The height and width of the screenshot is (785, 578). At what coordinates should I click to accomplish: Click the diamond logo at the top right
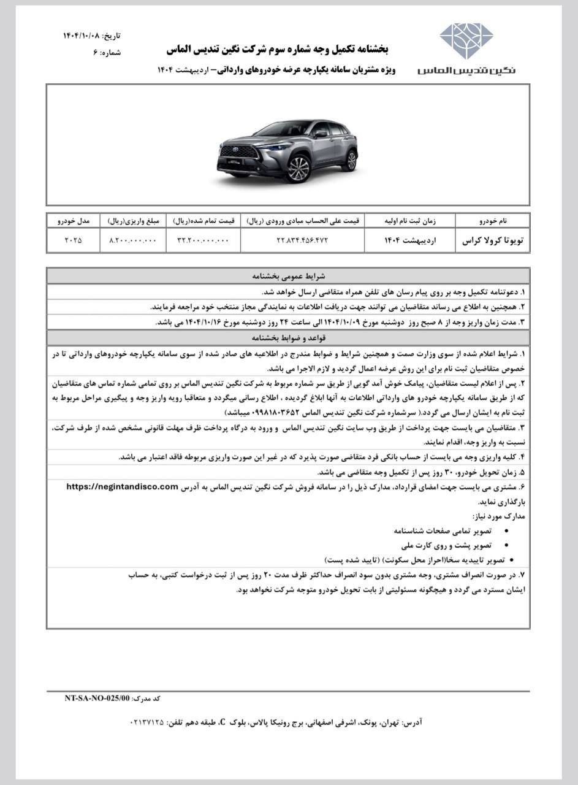click(x=466, y=41)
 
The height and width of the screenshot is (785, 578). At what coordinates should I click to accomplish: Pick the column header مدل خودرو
click(x=74, y=220)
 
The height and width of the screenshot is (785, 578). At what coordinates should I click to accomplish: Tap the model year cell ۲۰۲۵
click(x=73, y=240)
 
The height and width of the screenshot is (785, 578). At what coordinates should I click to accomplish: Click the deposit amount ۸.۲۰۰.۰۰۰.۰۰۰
click(x=133, y=240)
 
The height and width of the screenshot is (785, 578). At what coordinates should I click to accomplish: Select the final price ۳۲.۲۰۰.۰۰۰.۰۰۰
click(x=203, y=240)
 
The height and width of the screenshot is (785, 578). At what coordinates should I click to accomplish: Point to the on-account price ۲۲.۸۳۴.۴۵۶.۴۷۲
click(x=303, y=240)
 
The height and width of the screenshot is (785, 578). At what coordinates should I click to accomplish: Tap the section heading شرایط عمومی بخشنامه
click(x=289, y=276)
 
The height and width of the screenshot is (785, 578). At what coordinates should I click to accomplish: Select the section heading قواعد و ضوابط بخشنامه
click(x=289, y=338)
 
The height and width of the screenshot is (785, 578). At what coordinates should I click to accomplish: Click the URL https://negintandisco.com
click(x=122, y=486)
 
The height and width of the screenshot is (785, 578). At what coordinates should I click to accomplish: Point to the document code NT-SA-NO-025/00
click(x=97, y=698)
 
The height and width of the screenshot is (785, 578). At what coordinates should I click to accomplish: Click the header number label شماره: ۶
click(x=108, y=53)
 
